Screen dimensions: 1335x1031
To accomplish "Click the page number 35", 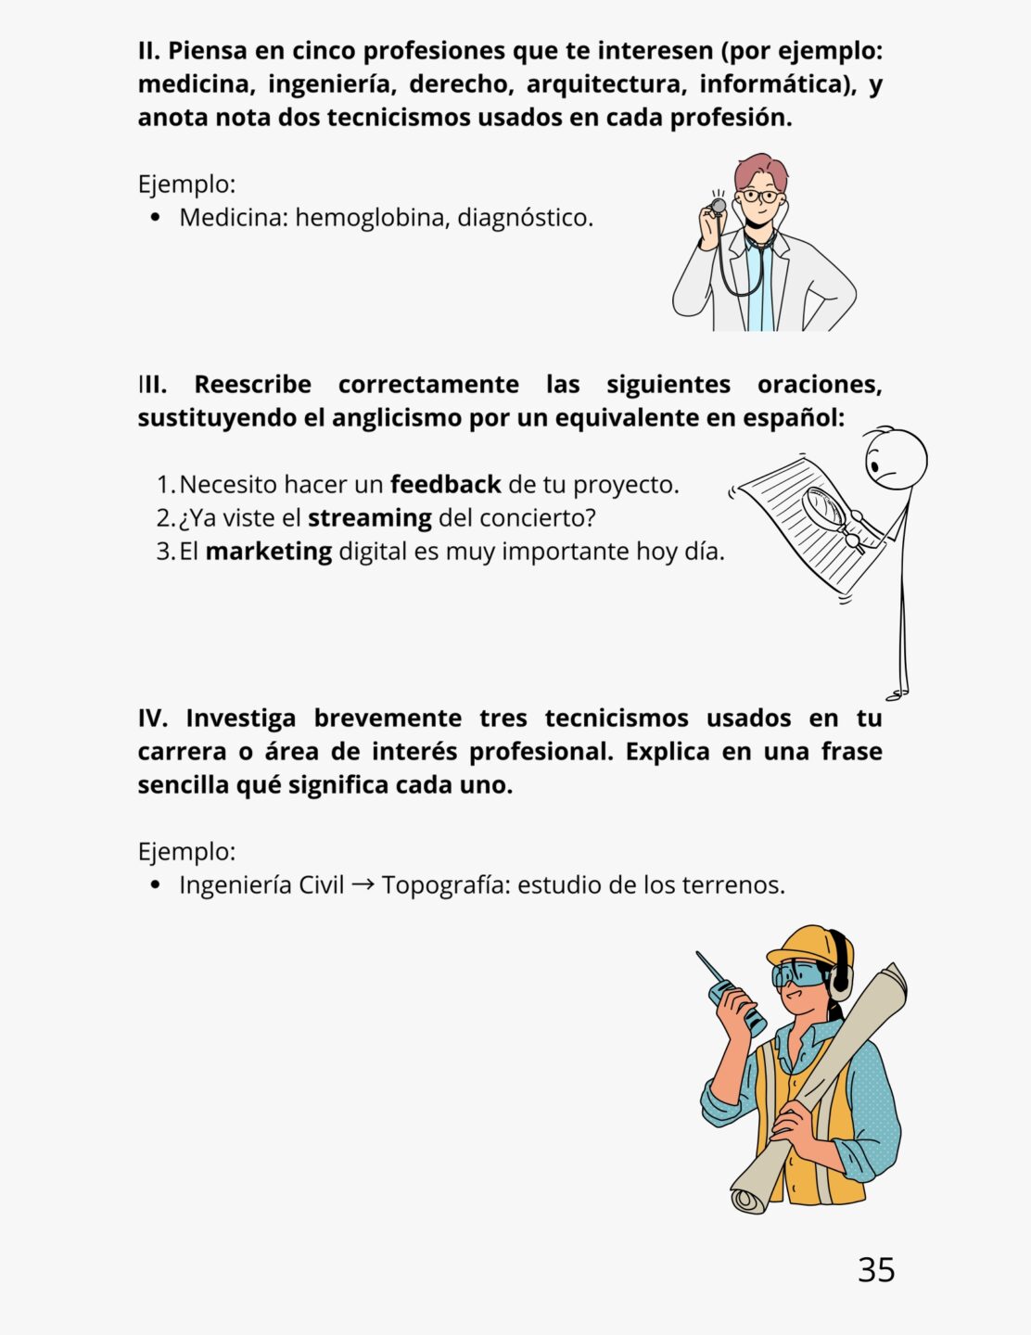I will [x=876, y=1269].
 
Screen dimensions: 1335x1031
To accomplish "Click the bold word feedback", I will [x=445, y=484].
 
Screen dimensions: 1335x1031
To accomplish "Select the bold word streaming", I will [x=369, y=517].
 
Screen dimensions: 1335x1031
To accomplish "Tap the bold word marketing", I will [x=268, y=551].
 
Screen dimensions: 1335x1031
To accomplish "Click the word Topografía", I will [x=445, y=884].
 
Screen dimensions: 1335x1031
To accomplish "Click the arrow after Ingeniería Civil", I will [x=363, y=884].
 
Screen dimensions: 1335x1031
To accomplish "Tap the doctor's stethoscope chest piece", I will [x=718, y=205].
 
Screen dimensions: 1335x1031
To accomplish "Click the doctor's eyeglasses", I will [x=760, y=197].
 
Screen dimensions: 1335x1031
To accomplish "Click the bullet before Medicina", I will [x=155, y=218].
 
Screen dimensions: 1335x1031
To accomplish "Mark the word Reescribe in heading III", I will [x=252, y=384].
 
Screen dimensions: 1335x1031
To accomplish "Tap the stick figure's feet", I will [x=897, y=693].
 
